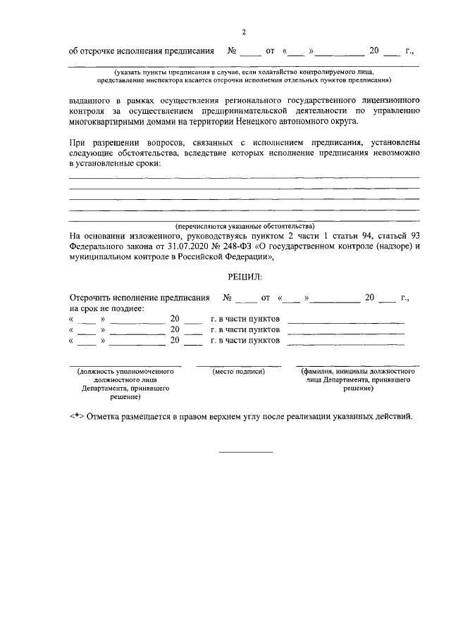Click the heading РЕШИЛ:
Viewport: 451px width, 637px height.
pos(244,279)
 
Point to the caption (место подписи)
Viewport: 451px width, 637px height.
pos(238,371)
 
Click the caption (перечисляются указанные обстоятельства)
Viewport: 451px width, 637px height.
pos(244,226)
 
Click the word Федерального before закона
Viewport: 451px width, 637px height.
pos(98,246)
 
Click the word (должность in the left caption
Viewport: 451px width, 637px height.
pos(97,371)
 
